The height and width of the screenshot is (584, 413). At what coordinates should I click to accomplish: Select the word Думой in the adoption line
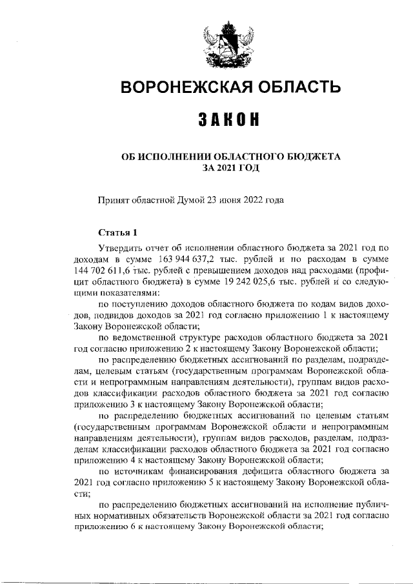pyautogui.click(x=191, y=200)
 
